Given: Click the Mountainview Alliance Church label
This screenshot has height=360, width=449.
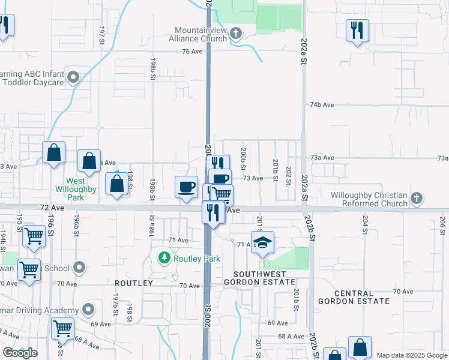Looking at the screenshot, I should pyautogui.click(x=200, y=34).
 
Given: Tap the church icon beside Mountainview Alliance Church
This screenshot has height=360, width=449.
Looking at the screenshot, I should pyautogui.click(x=236, y=34).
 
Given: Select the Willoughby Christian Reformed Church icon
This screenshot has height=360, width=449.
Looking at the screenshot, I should pyautogui.click(x=417, y=198).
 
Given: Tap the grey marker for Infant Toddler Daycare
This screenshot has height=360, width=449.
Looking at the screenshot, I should pyautogui.click(x=73, y=77).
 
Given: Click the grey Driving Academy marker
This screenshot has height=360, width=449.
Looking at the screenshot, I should pyautogui.click(x=88, y=310).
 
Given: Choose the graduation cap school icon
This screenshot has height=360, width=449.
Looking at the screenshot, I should pyautogui.click(x=262, y=242).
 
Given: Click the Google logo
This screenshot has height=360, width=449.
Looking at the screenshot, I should pyautogui.click(x=20, y=353).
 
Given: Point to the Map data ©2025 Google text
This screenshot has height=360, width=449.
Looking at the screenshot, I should pyautogui.click(x=412, y=355).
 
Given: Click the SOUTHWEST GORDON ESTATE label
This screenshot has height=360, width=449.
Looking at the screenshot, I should pyautogui.click(x=259, y=277).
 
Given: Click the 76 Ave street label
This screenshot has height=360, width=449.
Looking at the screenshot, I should pyautogui.click(x=193, y=52).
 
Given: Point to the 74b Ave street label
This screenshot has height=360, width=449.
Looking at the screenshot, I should pyautogui.click(x=322, y=104).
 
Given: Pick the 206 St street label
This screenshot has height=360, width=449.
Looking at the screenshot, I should pyautogui.click(x=442, y=222).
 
